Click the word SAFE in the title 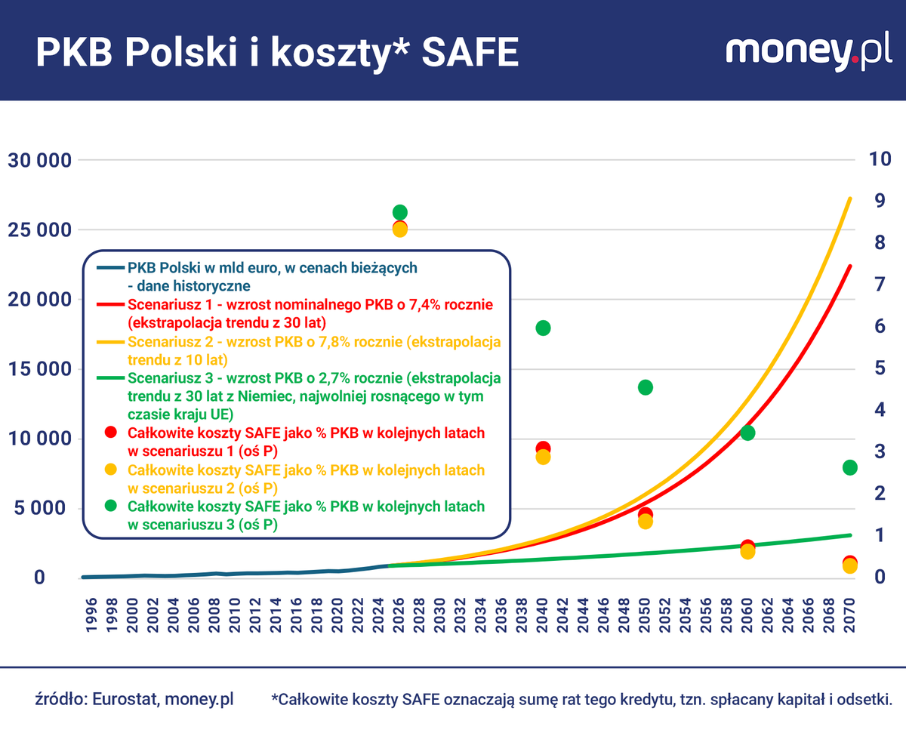pos(470,51)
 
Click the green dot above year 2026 pos(400,212)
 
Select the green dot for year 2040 pos(543,328)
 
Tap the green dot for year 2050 pos(646,387)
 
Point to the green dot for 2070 pos(850,467)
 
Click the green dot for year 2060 pos(747,433)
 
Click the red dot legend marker pos(111,433)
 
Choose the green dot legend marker pos(111,506)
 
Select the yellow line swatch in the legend pos(111,342)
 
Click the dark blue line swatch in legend pos(111,268)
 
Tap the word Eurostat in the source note pos(124,699)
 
